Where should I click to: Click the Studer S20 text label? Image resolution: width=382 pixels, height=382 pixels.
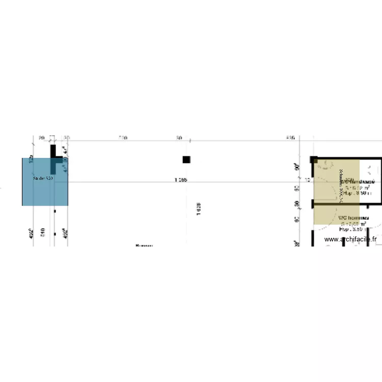coord(43,179)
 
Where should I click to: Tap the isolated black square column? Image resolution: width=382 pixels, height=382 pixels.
coord(186,159)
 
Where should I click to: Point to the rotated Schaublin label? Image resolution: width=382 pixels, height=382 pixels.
coord(341,186)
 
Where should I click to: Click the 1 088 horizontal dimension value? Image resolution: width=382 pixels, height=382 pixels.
coord(181,180)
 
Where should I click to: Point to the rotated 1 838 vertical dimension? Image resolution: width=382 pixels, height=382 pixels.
coord(199,209)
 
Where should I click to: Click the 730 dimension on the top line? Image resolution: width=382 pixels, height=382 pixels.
coord(123,138)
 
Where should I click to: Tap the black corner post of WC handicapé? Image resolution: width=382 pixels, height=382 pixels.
coord(314,160)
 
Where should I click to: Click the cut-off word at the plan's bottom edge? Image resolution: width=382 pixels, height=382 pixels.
coord(144,245)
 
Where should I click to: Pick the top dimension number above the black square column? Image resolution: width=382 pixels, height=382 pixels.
coord(179,138)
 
